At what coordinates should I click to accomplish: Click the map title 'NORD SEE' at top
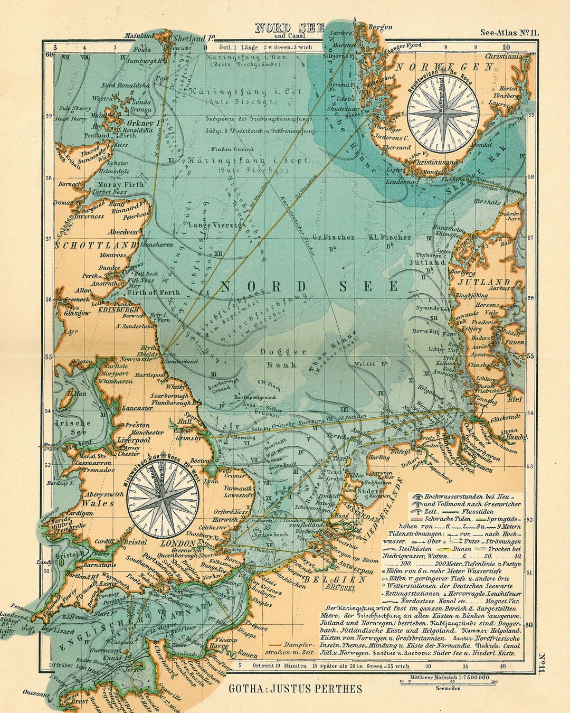(289, 28)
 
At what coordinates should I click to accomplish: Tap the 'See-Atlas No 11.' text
(509, 33)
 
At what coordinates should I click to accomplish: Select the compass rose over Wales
(165, 494)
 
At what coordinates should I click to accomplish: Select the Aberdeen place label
(122, 232)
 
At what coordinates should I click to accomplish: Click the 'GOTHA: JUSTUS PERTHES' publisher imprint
(296, 688)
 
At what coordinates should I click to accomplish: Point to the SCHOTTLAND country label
(97, 246)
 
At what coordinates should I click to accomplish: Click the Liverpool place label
(134, 439)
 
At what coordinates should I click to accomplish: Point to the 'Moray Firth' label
(121, 184)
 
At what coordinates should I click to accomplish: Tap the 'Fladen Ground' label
(229, 149)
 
